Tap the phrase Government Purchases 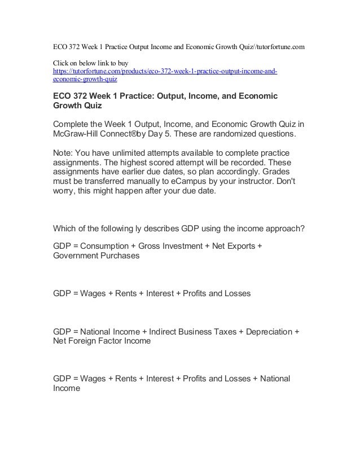click(96, 256)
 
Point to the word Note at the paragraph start click(63, 154)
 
